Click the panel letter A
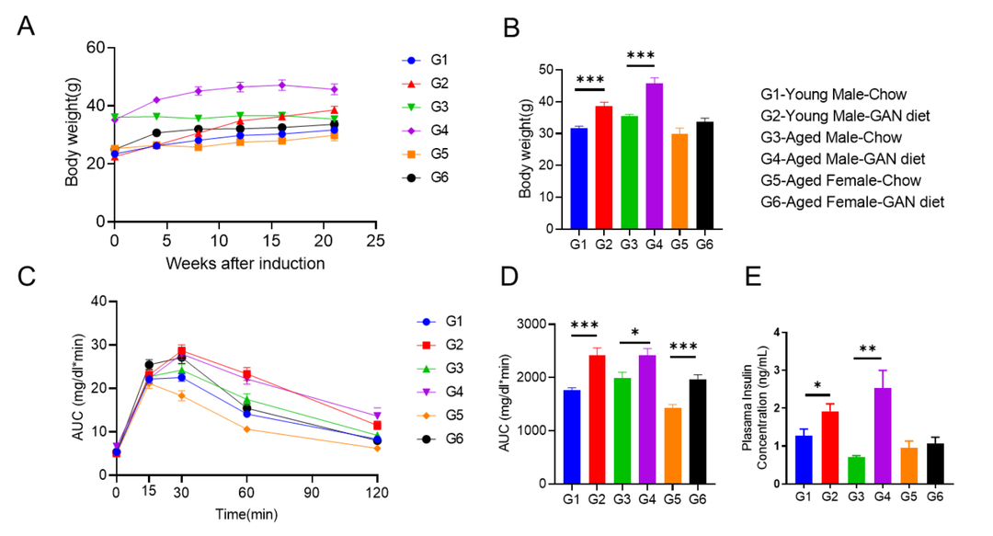coord(28,28)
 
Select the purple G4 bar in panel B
coord(655,156)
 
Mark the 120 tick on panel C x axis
coord(377,493)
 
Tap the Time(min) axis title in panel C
coord(245,516)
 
